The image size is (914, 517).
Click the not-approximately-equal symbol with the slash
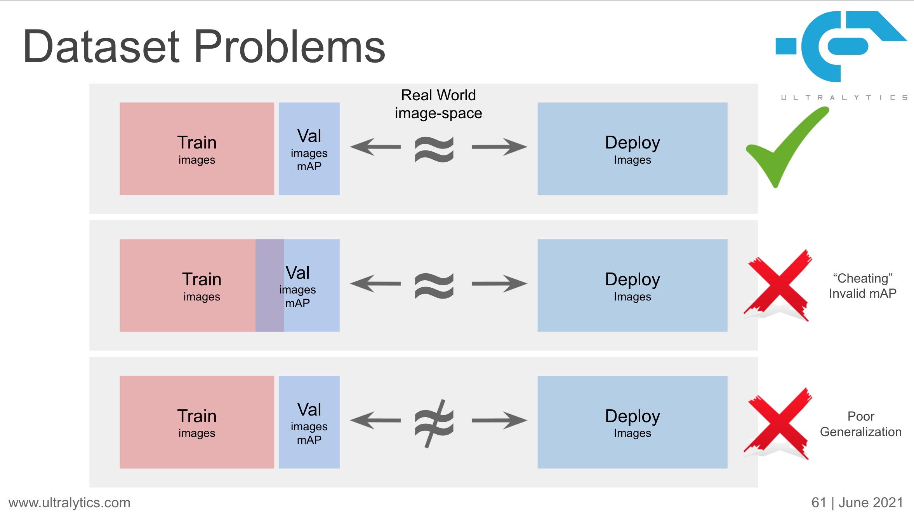434,423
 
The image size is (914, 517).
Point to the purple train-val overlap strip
269,285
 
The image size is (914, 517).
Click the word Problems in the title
289,47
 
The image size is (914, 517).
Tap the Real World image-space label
438,104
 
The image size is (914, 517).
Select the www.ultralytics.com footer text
70,503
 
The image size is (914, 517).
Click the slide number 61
818,503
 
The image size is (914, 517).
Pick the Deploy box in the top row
632,148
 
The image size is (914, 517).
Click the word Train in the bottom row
197,416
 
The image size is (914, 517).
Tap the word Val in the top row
309,136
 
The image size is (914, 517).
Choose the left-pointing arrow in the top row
375,147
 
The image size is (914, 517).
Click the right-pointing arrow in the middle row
499,284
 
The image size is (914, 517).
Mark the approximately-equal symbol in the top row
434,149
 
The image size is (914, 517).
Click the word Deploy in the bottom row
632,416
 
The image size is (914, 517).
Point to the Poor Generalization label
860,424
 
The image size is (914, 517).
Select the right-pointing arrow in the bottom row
499,420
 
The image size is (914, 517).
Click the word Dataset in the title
101,47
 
